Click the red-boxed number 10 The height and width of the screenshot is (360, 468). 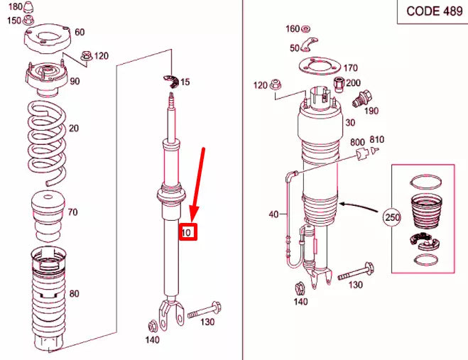187,232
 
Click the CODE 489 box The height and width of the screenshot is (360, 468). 430,12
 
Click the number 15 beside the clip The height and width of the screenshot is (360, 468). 185,82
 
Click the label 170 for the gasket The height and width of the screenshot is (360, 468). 350,69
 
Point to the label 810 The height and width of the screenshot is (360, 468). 376,139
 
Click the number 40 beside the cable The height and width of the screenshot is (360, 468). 273,214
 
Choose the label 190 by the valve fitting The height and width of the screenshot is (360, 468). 370,111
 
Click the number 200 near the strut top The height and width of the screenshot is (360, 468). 353,84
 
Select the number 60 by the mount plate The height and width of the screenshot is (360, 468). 79,32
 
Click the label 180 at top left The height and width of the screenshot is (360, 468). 14,6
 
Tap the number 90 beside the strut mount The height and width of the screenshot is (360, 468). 75,81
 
